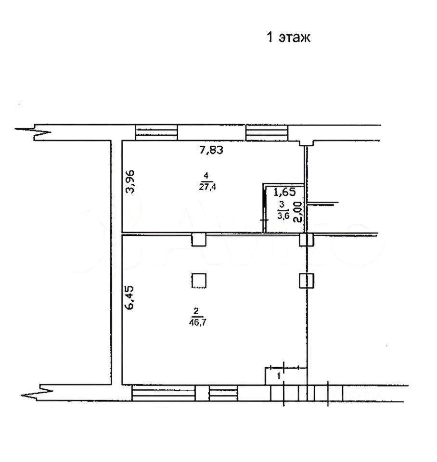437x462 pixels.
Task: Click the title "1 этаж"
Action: pos(289,38)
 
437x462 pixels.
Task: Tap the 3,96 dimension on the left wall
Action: pos(129,181)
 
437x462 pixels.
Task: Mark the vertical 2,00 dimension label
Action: pos(298,212)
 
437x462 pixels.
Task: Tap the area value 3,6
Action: pos(283,215)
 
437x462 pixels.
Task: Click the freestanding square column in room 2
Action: pos(199,280)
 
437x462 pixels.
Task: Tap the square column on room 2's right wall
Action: pos(307,280)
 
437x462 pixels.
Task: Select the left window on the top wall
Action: pos(156,132)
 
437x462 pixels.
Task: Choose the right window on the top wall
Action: pos(267,132)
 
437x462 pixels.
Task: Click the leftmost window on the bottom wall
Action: pos(163,393)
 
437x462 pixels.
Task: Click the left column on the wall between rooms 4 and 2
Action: pos(199,239)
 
